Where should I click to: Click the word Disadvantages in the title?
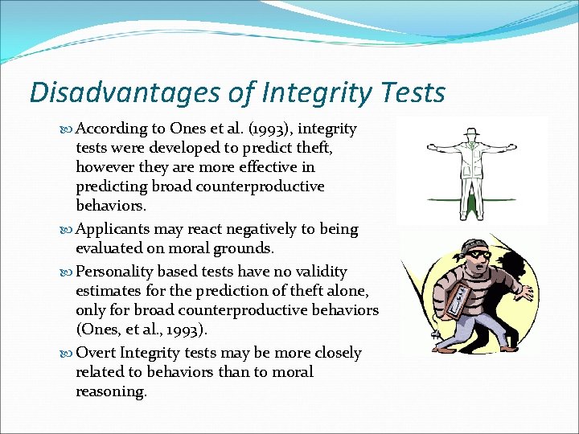pos(109,92)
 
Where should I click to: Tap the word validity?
pos(322,272)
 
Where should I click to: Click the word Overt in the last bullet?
pos(96,353)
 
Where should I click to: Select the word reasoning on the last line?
pos(112,391)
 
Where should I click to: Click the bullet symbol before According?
pos(67,129)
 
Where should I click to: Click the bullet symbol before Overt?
pos(67,354)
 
